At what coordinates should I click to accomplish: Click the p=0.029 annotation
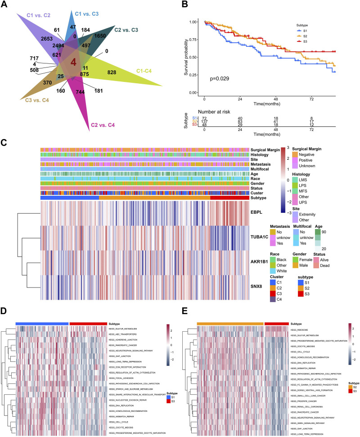tap(221, 79)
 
